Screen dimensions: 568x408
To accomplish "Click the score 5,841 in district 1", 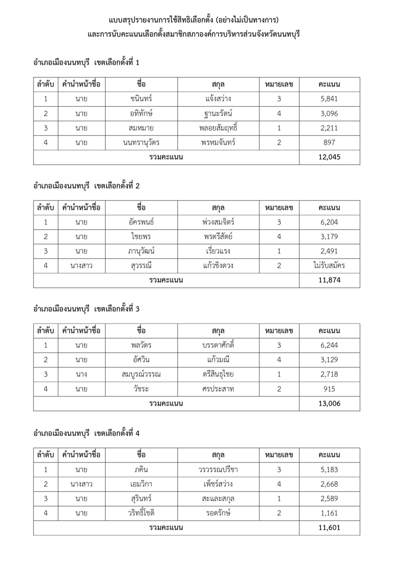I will [329, 99].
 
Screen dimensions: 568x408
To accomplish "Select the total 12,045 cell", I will [329, 157].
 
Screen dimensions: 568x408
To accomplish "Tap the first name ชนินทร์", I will [141, 99].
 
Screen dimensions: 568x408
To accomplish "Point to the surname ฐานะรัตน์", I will [218, 114].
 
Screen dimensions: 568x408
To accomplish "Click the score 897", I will [329, 142].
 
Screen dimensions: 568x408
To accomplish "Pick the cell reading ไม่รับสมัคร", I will [329, 266].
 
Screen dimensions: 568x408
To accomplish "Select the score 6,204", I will [329, 222].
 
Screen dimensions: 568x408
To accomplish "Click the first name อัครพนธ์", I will [141, 222].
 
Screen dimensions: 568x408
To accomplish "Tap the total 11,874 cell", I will [329, 280].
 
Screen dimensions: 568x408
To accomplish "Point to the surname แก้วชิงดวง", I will [218, 266].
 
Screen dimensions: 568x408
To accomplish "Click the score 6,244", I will [329, 345].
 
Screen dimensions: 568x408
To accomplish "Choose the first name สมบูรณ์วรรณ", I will [141, 374].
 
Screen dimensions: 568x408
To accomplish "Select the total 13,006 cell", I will [329, 403].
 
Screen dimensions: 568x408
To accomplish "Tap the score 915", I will [329, 389].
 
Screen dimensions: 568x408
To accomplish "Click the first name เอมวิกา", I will [141, 484].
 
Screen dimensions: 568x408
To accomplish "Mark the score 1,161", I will [329, 513].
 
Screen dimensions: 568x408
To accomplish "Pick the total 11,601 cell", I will [329, 528].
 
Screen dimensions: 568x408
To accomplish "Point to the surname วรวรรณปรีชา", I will [218, 470].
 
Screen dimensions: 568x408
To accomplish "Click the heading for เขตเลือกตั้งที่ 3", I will [86, 309].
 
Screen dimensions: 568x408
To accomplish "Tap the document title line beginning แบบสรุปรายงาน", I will [194, 20].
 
